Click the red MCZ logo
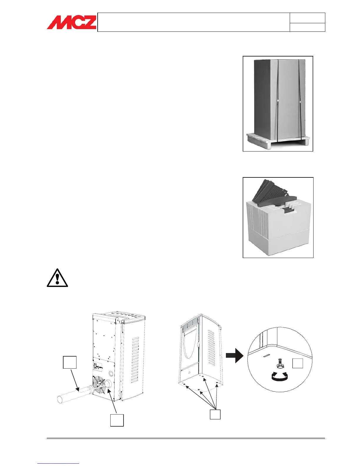click(x=71, y=22)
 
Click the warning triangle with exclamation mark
click(x=57, y=278)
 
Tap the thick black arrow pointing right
click(x=234, y=356)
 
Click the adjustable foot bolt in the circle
click(x=279, y=365)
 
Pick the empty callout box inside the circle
click(x=298, y=363)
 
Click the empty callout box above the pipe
click(x=70, y=362)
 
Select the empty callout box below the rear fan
click(x=117, y=420)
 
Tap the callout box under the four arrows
click(x=215, y=415)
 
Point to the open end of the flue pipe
click(x=60, y=399)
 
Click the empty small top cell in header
click(x=307, y=18)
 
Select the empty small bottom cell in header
click(x=307, y=27)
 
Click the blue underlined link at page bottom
click(x=58, y=463)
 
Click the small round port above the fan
click(x=111, y=374)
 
